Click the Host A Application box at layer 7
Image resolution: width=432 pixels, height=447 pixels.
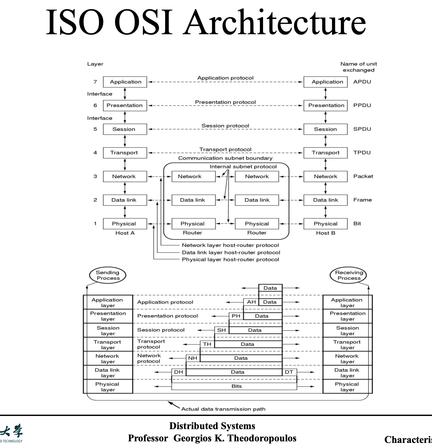125,82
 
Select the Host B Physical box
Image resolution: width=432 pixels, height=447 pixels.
325,224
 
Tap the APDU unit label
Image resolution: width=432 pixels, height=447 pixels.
362,82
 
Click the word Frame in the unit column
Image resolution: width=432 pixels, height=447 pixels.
362,200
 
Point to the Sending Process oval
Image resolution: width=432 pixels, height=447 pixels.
108,275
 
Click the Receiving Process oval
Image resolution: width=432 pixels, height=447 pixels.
348,275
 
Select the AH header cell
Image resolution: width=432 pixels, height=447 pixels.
251,302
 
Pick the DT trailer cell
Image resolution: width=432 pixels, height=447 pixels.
289,372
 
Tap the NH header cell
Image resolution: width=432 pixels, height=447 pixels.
192,358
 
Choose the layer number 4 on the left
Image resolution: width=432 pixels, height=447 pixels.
95,153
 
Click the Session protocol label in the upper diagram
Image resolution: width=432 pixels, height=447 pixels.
225,126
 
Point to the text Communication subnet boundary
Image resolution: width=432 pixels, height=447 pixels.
225,158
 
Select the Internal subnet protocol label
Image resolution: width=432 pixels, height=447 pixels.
243,167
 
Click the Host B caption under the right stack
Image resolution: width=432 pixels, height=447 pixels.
325,233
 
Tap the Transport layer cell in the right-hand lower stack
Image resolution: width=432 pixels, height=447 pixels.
347,345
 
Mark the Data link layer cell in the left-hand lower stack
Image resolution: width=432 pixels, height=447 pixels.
108,373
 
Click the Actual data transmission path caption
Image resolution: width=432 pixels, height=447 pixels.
223,409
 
